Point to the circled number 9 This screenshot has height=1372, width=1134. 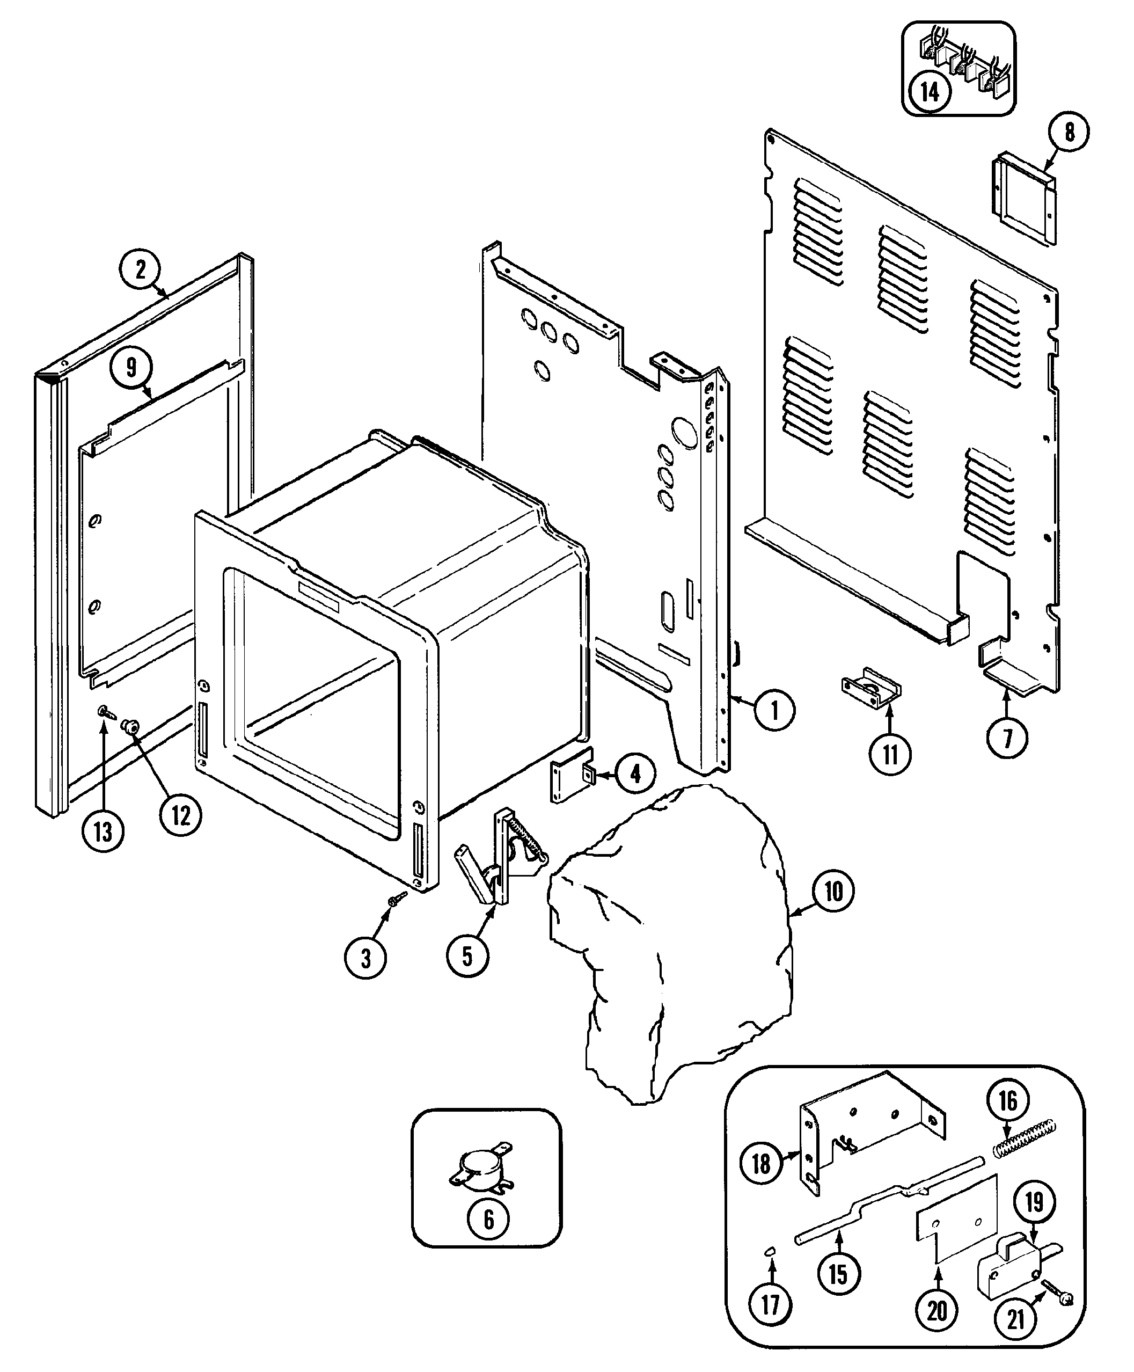(131, 368)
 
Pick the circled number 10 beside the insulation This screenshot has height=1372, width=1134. (833, 891)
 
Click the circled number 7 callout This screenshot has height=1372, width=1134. (1007, 738)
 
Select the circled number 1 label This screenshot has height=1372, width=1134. (775, 710)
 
